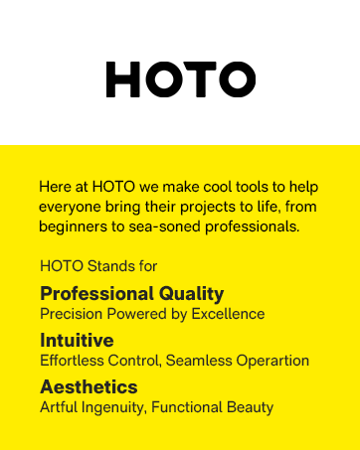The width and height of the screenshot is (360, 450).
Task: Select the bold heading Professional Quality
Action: point(131,293)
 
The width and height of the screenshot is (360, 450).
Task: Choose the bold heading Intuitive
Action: point(77,341)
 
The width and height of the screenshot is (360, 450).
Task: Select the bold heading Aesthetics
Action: point(89,387)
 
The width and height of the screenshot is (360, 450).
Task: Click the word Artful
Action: point(59,407)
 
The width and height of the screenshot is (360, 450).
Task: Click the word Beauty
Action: point(251,407)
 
